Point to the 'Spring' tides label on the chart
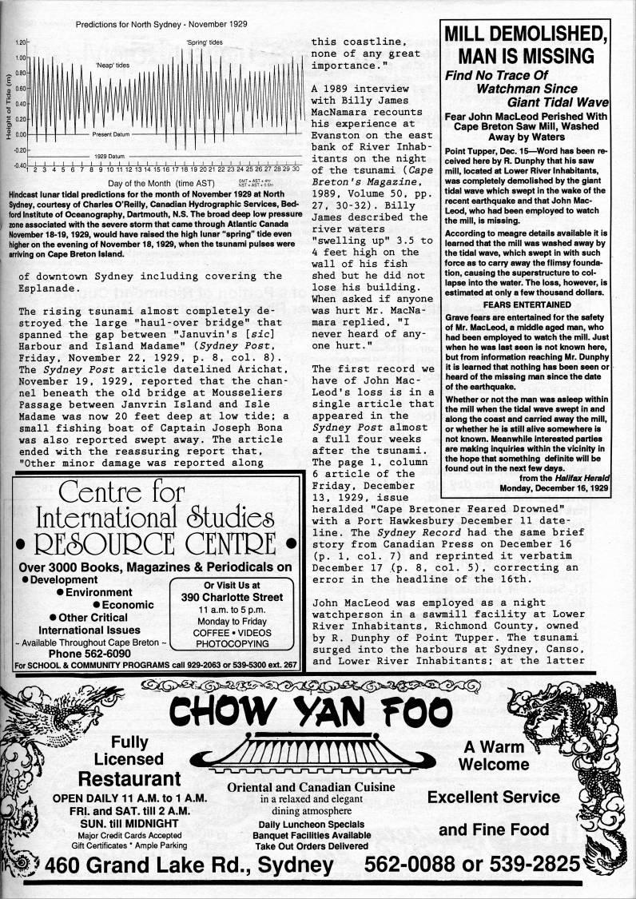click(x=205, y=42)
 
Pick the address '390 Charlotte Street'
click(x=233, y=597)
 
